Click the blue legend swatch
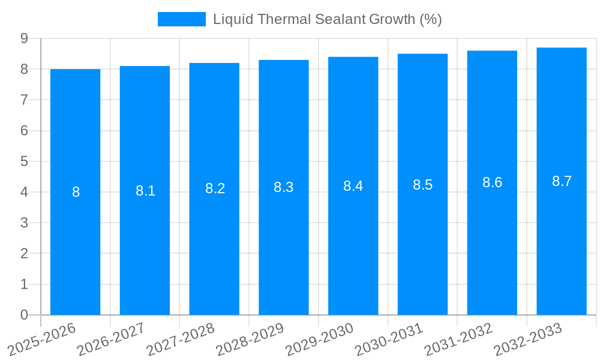pyautogui.click(x=181, y=19)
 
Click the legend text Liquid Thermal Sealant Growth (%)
pyautogui.click(x=327, y=19)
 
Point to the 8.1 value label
pyautogui.click(x=145, y=191)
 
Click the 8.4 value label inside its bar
pyautogui.click(x=353, y=186)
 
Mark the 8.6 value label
pyautogui.click(x=492, y=183)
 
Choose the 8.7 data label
pyautogui.click(x=562, y=181)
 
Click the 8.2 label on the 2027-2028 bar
pyautogui.click(x=215, y=188)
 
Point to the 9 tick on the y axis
pyautogui.click(x=24, y=38)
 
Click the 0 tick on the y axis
pyautogui.click(x=24, y=315)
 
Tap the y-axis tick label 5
pyautogui.click(x=24, y=161)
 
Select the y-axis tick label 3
pyautogui.click(x=24, y=223)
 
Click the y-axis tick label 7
pyautogui.click(x=24, y=100)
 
